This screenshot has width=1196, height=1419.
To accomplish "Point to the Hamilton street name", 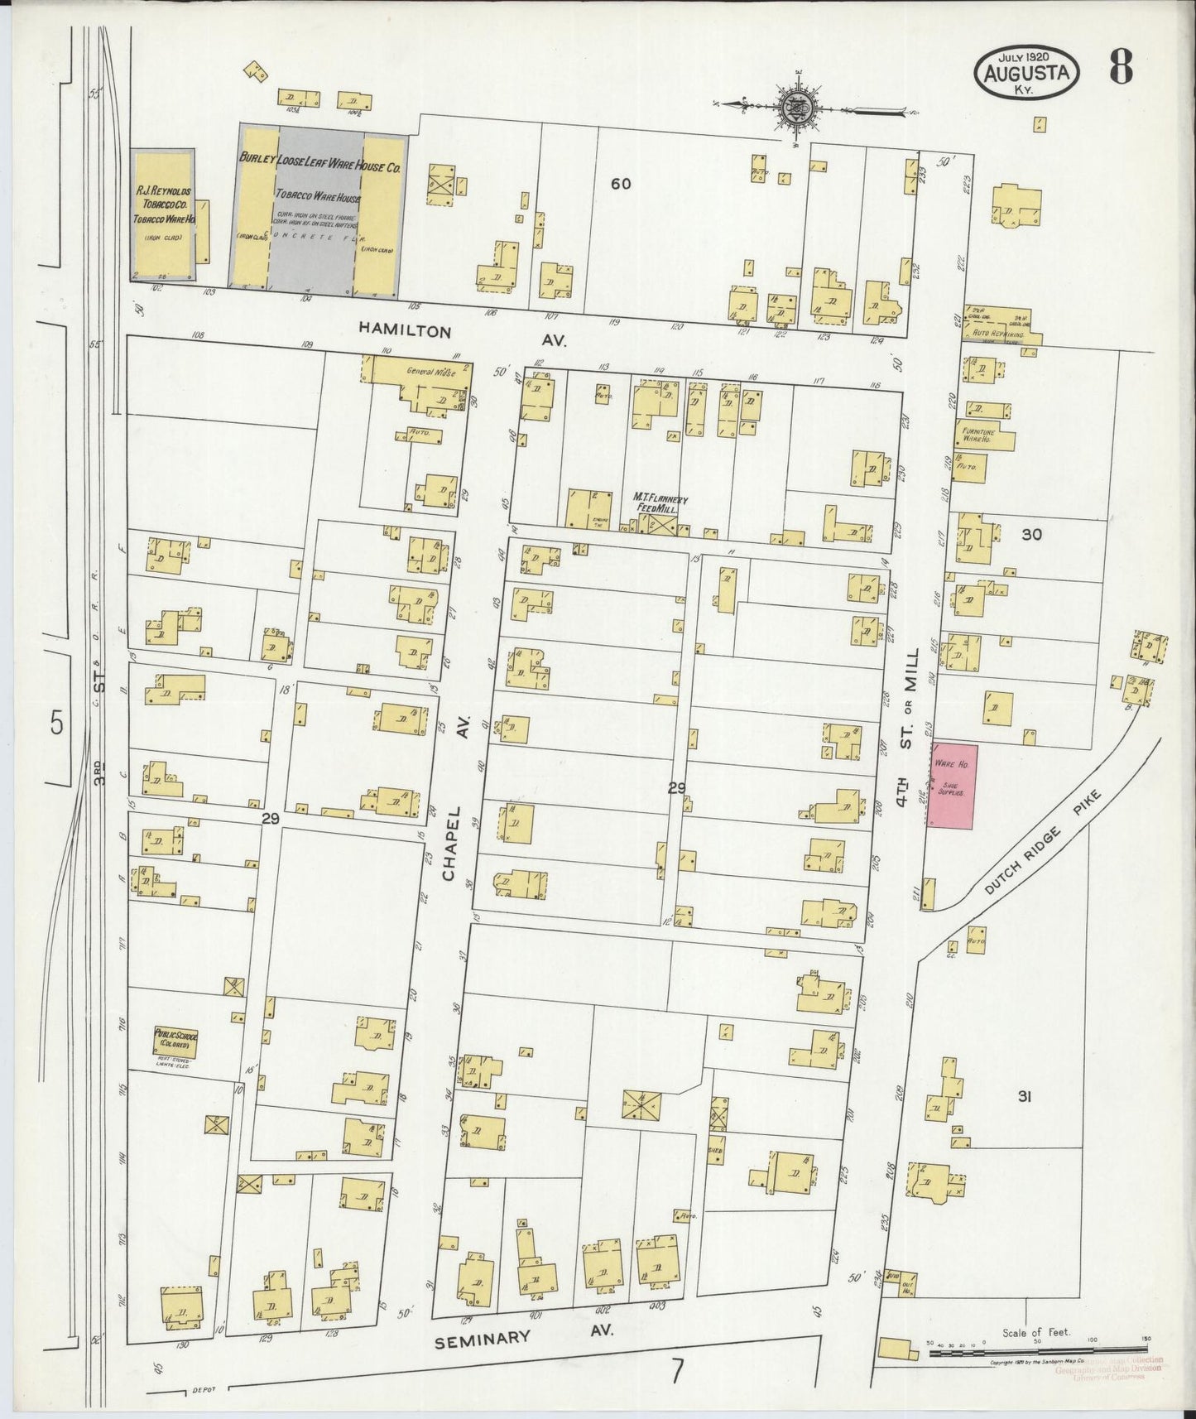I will point(406,330).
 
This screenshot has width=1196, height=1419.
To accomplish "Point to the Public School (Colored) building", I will point(175,1040).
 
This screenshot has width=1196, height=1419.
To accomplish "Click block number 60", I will point(621,184).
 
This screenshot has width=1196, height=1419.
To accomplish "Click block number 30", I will point(1031,535).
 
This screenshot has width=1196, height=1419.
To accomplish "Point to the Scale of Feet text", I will point(1035,1332).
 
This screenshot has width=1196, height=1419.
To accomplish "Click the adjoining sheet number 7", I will point(678,1373).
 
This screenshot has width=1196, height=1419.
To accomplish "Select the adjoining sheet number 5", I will point(55,724).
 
